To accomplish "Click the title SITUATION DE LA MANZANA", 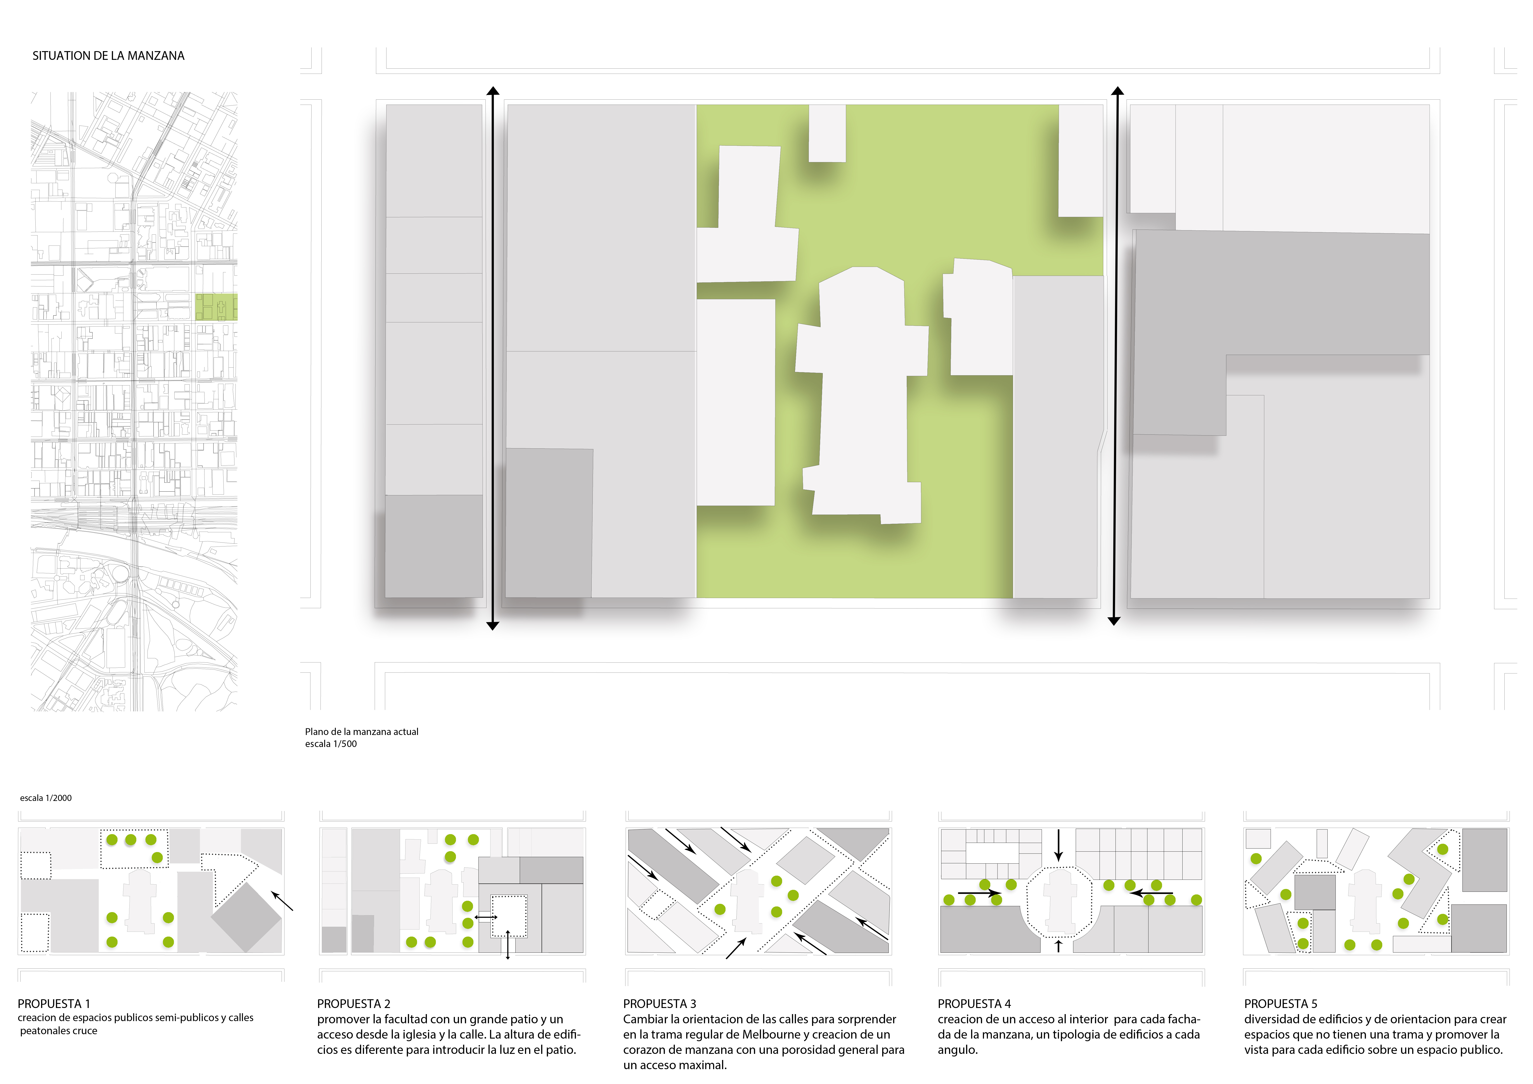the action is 108,56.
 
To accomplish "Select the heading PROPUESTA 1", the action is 54,1004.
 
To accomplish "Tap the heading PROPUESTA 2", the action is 354,1004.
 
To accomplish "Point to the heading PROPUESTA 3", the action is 660,1004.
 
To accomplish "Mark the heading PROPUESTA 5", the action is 1281,1004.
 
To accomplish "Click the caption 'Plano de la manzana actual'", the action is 362,731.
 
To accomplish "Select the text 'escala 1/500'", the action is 331,743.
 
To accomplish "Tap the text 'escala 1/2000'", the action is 46,798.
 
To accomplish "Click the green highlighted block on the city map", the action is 216,307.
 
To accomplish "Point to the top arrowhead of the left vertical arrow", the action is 493,91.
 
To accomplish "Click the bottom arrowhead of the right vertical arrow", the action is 1114,621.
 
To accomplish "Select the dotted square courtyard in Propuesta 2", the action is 509,916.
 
